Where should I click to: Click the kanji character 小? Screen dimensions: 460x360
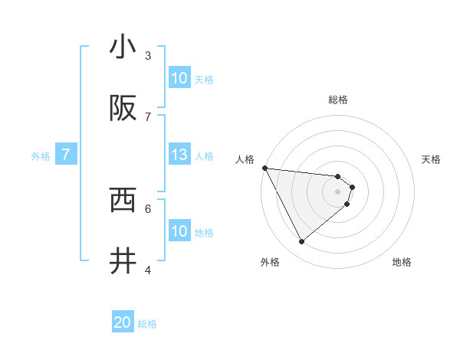(123, 48)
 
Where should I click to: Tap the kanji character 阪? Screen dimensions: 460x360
(123, 109)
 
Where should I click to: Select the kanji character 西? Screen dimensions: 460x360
(123, 201)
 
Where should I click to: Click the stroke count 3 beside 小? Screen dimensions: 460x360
(148, 55)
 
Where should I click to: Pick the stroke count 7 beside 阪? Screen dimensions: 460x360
(148, 116)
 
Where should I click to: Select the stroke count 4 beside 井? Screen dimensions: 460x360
(148, 270)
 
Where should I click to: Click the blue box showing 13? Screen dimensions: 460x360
(179, 155)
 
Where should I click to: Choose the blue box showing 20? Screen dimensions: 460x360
(123, 323)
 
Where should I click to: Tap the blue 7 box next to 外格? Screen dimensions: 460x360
(66, 155)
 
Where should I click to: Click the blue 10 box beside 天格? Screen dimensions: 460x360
(179, 78)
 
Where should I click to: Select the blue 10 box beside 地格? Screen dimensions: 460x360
(179, 231)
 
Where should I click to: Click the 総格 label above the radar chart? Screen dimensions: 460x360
(338, 100)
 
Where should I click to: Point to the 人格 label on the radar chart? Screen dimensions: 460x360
(245, 159)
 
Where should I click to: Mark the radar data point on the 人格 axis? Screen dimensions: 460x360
(264, 168)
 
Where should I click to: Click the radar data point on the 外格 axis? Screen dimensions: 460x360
(301, 241)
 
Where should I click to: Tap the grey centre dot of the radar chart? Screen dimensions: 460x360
(338, 191)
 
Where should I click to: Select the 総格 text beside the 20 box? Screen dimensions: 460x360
(147, 324)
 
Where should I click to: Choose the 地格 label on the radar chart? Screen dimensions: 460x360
(402, 262)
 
